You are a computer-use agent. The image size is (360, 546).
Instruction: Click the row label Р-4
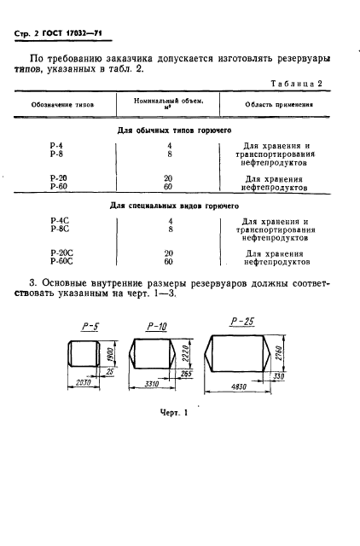(x=57, y=146)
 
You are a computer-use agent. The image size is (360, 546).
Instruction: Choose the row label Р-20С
(x=61, y=253)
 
